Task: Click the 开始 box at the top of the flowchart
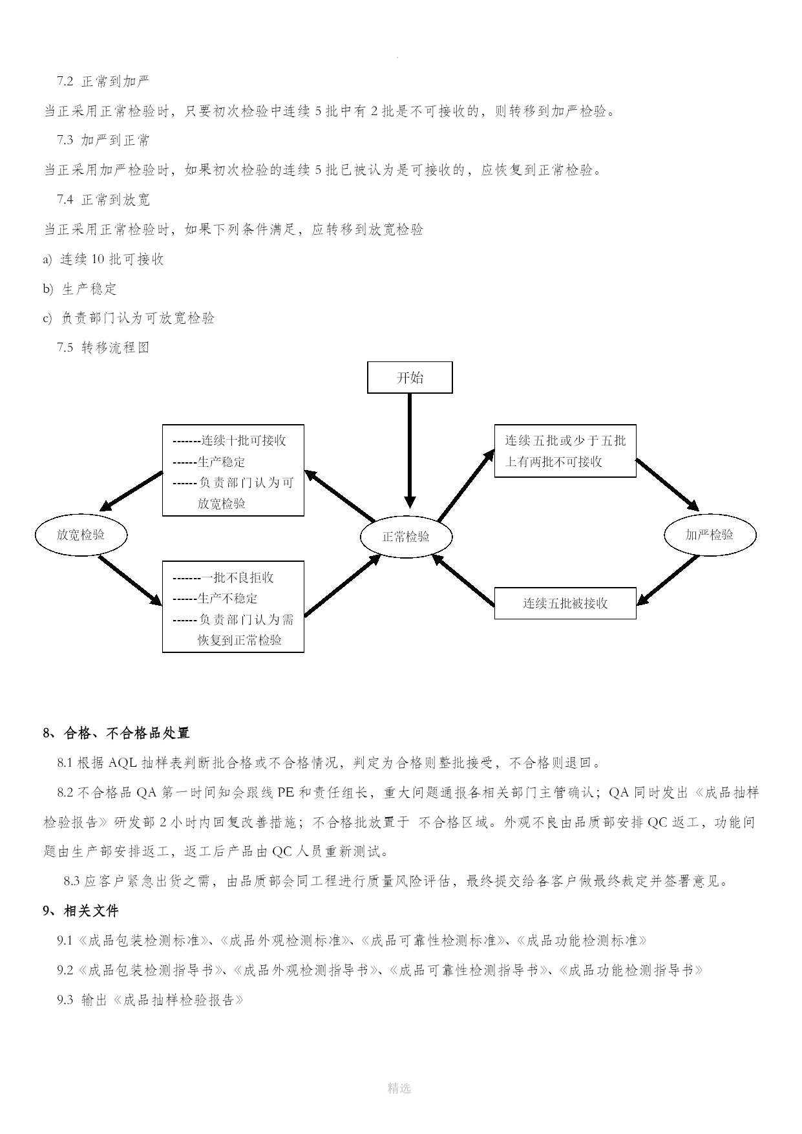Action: point(410,378)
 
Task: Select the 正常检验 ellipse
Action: point(406,536)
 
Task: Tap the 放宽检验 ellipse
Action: point(81,535)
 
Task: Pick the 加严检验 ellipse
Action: point(710,535)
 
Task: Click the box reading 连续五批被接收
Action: point(565,603)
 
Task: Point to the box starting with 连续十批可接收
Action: point(233,471)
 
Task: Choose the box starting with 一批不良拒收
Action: point(233,607)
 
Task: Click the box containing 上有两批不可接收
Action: point(565,451)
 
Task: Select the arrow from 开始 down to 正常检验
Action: point(410,451)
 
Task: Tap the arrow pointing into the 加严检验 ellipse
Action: point(668,486)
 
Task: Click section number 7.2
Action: point(65,81)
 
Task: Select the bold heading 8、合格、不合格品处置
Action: point(116,733)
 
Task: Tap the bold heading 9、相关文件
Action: point(81,911)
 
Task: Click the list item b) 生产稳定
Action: point(80,289)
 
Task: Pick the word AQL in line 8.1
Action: point(123,763)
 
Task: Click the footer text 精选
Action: point(399,1088)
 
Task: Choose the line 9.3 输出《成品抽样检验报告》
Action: point(151,1000)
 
